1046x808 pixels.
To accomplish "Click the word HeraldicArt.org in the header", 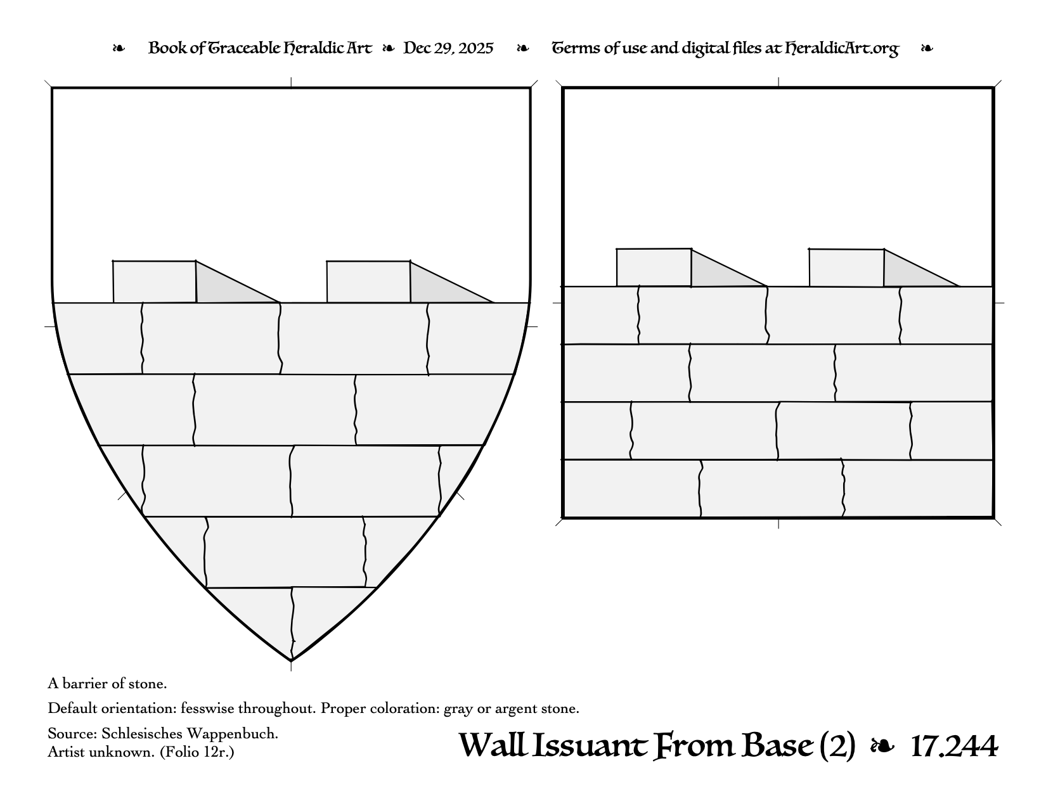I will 841,49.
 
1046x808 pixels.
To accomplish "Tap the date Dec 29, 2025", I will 448,49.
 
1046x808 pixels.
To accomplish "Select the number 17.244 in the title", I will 953,747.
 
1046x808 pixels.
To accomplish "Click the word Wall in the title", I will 491,747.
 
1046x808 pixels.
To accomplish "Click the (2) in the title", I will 837,747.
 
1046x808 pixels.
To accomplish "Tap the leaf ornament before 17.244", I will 882,747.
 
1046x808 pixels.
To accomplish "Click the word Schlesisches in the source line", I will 139,734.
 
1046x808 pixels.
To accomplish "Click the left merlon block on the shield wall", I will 155,281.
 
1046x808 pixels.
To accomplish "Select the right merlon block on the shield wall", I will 368,281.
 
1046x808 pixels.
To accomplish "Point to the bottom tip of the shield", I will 291,660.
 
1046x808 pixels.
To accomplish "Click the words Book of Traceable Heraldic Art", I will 260,49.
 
